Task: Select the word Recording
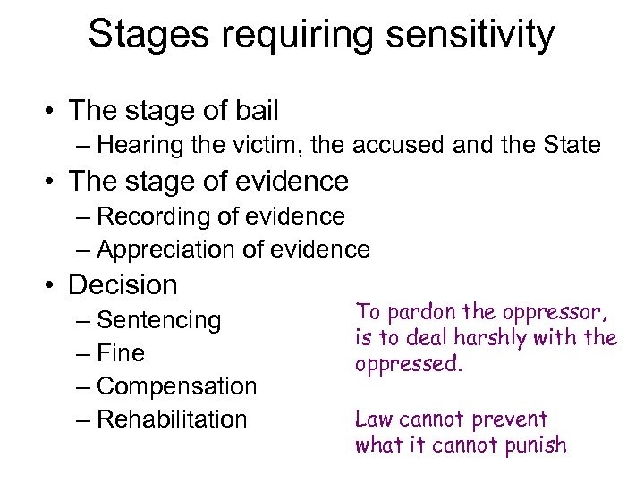pos(145,216)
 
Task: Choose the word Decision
pos(123,285)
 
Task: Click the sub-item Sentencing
pos(158,320)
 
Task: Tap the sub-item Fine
pos(121,353)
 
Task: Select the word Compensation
pos(176,386)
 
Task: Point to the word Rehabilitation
pos(172,419)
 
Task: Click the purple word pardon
pos(411,312)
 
